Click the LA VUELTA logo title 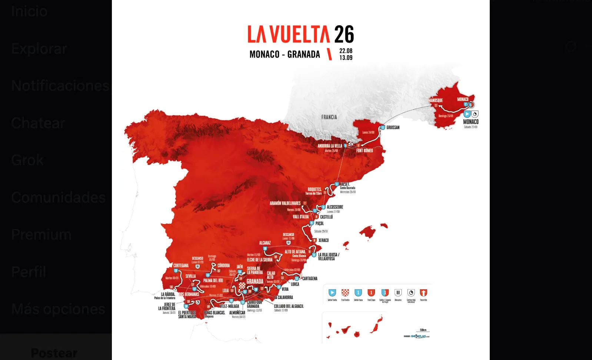point(300,34)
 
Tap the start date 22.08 point(346,51)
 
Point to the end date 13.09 point(346,58)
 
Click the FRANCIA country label point(329,117)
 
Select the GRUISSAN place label point(393,127)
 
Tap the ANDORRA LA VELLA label point(330,146)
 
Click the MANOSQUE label point(436,100)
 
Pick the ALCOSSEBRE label point(335,207)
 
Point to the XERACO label point(323,240)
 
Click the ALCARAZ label point(265,243)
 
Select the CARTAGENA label point(310,279)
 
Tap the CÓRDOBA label point(223,266)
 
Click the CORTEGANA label point(181,266)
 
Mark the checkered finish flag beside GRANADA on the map point(242,286)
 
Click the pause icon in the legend point(398,293)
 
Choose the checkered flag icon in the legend point(345,293)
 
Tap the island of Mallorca point(368,232)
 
